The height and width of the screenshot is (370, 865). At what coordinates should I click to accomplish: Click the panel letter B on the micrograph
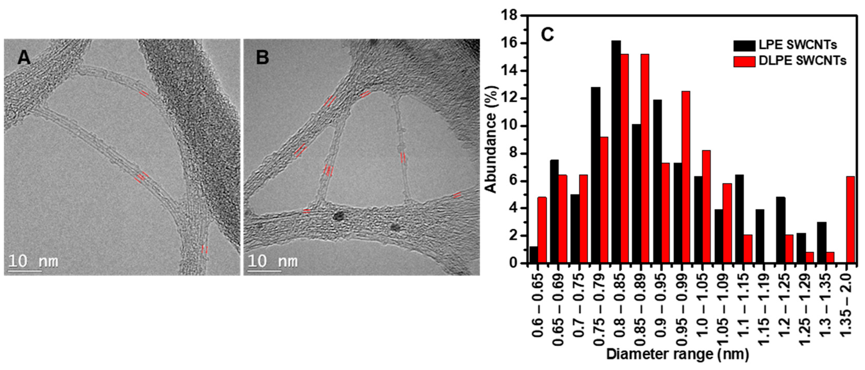pyautogui.click(x=262, y=58)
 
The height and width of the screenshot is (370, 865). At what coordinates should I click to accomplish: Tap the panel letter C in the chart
pyautogui.click(x=547, y=35)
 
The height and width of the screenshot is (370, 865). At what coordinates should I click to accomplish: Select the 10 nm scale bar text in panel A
pyautogui.click(x=33, y=261)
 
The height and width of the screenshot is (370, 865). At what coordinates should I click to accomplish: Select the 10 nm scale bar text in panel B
pyautogui.click(x=272, y=261)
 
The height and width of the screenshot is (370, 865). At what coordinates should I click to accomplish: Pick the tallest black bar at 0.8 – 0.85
pyautogui.click(x=616, y=151)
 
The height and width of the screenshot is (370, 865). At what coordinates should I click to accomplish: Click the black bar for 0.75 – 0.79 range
pyautogui.click(x=595, y=175)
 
